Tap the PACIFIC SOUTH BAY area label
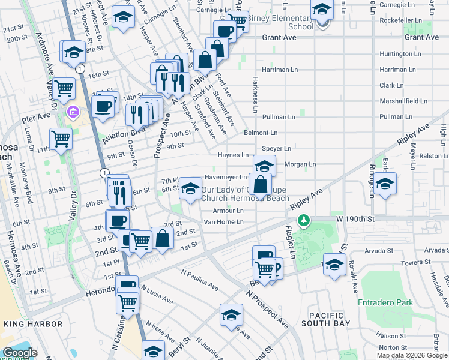pyautogui.click(x=327, y=320)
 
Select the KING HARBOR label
pyautogui.click(x=33, y=324)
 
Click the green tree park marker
pyautogui.click(x=305, y=221)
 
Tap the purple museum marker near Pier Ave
pyautogui.click(x=73, y=112)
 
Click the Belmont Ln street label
pyautogui.click(x=261, y=133)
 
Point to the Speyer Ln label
pyautogui.click(x=276, y=148)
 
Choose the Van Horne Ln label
pyautogui.click(x=223, y=222)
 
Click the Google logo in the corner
pyautogui.click(x=19, y=353)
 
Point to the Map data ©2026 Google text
pyautogui.click(x=412, y=355)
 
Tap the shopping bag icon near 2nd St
pyautogui.click(x=163, y=238)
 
